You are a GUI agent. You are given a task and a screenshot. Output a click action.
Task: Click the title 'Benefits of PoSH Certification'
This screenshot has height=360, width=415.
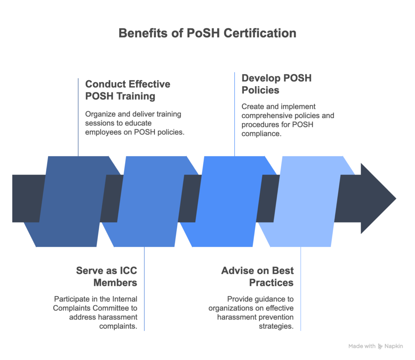click(207, 33)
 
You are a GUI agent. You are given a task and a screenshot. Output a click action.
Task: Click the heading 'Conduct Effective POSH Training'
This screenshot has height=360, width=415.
click(128, 90)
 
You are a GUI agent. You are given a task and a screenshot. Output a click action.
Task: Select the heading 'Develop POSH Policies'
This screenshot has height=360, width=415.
click(277, 84)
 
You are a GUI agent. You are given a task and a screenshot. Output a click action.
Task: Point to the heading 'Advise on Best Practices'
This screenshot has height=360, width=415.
click(257, 276)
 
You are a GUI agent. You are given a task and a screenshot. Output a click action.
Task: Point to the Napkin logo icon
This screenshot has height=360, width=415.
click(380, 347)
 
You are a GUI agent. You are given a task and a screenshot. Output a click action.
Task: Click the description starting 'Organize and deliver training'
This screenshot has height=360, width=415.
click(134, 123)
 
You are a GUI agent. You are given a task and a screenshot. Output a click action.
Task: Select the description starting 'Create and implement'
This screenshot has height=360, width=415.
click(288, 120)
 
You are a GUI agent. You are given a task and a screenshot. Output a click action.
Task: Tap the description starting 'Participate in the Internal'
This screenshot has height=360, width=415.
click(95, 313)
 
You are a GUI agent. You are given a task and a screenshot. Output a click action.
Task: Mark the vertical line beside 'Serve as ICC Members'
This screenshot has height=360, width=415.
click(144, 289)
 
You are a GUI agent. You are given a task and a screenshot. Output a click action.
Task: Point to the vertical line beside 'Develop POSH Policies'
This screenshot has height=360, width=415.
click(235, 114)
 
